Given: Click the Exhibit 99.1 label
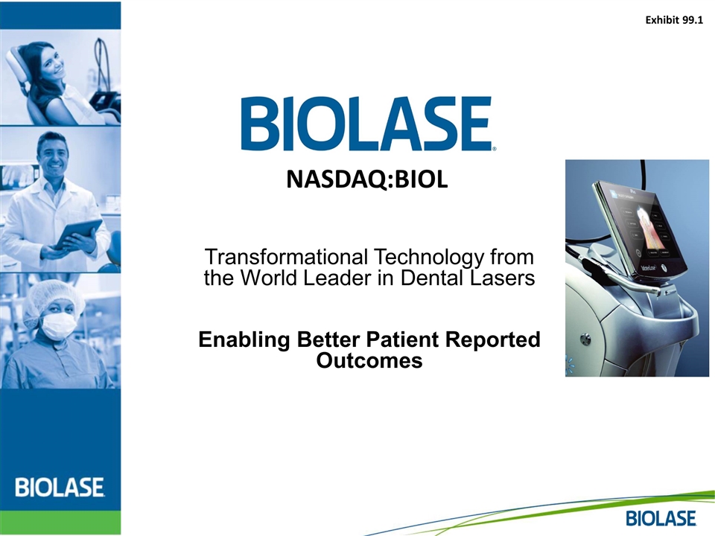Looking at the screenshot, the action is (674, 20).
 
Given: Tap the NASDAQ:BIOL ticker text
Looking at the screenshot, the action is (367, 179).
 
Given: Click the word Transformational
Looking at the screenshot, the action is (286, 257).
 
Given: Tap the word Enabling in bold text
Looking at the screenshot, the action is (244, 340).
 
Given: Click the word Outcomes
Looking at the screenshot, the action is (369, 360).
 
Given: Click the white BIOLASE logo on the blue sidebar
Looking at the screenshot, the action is (60, 487).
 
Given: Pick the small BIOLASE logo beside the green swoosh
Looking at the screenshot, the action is (661, 519).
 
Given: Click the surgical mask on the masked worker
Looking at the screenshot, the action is (59, 324).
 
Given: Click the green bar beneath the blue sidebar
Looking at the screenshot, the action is (60, 523).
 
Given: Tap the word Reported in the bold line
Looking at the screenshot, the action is (493, 340).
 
